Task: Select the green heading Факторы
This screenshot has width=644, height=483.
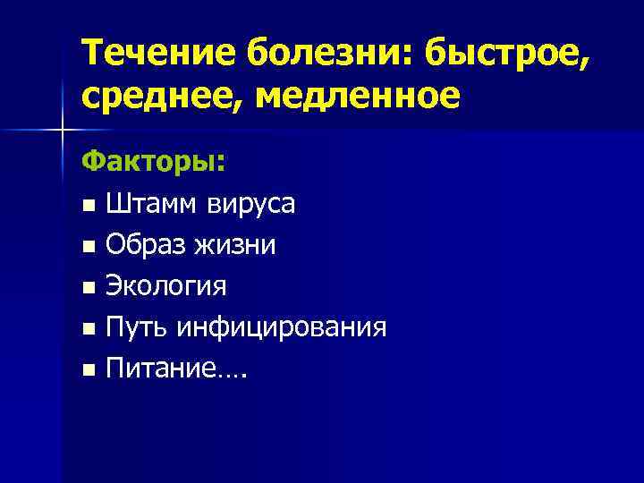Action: point(152,163)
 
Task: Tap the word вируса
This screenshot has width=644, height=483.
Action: point(251,205)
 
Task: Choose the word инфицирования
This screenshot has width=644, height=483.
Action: point(282,327)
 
